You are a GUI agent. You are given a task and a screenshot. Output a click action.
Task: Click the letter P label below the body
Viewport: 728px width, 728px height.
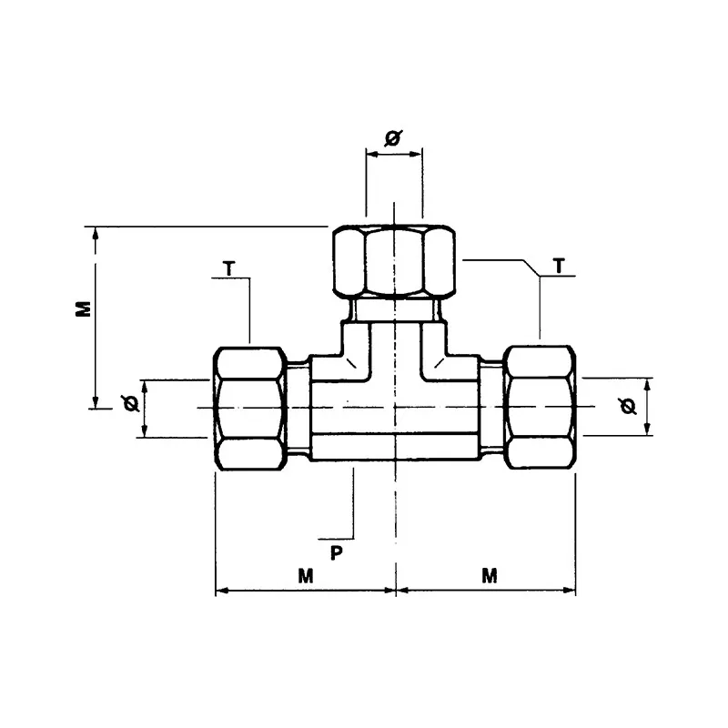(336, 552)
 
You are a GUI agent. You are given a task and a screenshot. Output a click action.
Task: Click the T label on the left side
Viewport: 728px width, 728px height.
(228, 268)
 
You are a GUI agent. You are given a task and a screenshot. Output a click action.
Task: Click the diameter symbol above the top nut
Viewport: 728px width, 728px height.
(393, 138)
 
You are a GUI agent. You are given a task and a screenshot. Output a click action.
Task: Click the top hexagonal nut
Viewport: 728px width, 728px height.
(393, 260)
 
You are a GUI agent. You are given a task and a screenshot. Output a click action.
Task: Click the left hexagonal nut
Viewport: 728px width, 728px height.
(248, 408)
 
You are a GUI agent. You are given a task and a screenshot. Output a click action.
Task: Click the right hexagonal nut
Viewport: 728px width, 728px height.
(541, 407)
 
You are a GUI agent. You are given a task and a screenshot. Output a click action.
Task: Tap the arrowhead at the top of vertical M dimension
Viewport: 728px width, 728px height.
(96, 234)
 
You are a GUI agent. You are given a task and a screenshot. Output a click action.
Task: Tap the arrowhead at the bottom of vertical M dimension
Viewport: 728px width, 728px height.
(96, 402)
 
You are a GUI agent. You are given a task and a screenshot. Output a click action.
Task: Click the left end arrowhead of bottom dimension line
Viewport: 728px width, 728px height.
(221, 591)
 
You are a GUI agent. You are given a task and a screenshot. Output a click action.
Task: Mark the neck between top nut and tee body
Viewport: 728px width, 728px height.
(393, 312)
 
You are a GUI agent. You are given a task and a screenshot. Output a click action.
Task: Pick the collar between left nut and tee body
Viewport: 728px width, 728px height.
(298, 407)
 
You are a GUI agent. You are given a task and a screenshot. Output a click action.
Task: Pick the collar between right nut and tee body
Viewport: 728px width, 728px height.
(492, 407)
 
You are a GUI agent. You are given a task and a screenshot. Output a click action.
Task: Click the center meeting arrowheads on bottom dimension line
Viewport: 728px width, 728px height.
(396, 591)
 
